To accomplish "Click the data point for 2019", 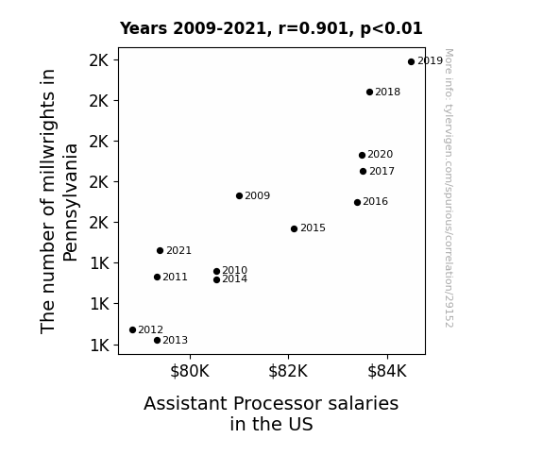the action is pos(411,62).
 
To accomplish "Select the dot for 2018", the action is pos(369,93).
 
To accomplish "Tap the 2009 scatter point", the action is pos(239,196).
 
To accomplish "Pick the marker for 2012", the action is pos(132,330).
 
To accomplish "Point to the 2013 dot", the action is pos(157,341).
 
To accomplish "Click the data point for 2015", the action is pos(294,228).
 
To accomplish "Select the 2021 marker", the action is pos(160,251).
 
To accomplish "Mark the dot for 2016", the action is pos(357,203).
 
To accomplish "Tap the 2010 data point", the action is pos(217,272).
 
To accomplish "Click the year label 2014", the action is pos(235,279).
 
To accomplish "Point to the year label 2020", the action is pos(381,155).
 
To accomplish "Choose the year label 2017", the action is pos(382,172).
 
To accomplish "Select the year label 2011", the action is pos(176,277).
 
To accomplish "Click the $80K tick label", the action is pos(190,371).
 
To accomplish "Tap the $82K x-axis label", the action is pos(288,371).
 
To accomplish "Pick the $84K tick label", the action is pos(387,371).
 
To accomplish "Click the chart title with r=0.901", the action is pos(271,28).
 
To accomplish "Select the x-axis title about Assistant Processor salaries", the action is pos(271,413).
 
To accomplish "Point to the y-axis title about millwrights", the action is pos(59,201).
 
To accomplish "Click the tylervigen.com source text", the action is pos(449,188).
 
